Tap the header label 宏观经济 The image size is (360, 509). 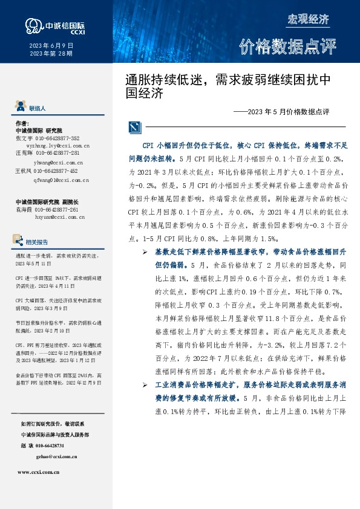(x=308, y=19)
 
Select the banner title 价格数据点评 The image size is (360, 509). (x=286, y=46)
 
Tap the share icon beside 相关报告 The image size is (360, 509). (x=19, y=241)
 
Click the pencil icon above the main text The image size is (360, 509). (x=135, y=127)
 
